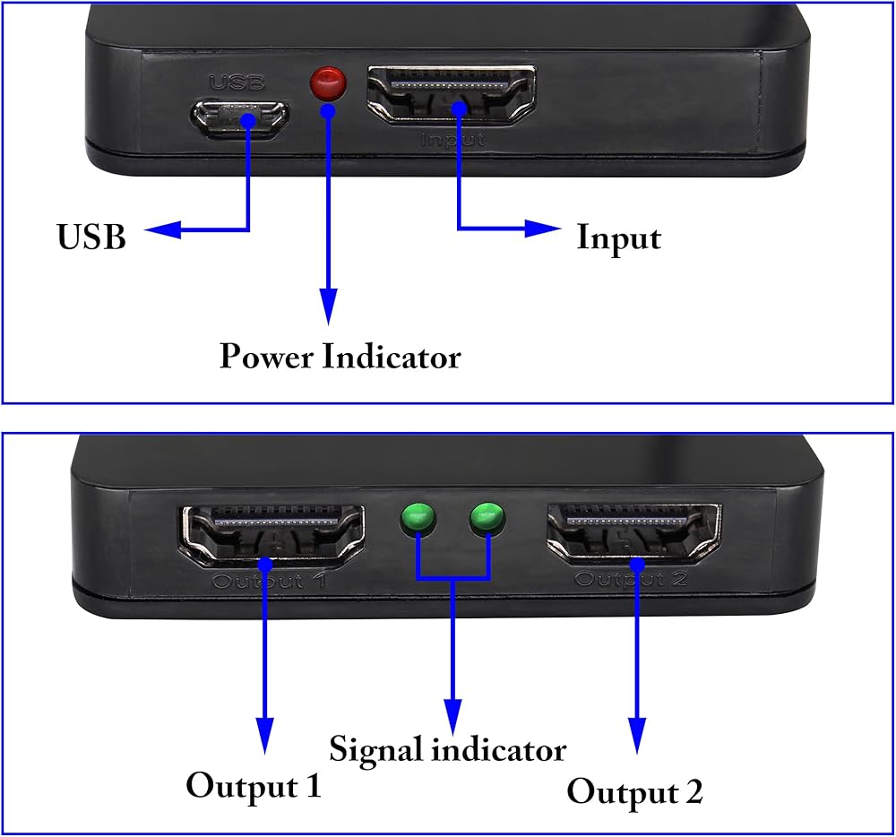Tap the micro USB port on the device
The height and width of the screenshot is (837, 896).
click(240, 118)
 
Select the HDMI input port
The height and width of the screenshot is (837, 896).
click(452, 95)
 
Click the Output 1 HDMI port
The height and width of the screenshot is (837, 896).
click(273, 536)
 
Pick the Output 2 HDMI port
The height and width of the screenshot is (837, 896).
click(634, 532)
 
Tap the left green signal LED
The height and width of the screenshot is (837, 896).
click(418, 519)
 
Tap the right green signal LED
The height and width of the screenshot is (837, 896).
click(487, 518)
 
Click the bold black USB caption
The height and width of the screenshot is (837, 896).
click(91, 237)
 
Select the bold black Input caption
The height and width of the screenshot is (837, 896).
click(619, 238)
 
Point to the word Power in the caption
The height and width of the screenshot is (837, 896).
click(267, 356)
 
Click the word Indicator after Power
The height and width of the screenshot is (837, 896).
click(392, 356)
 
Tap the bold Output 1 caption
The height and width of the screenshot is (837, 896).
click(254, 786)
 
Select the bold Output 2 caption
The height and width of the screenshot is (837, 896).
click(635, 792)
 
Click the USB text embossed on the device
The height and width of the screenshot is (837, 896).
click(237, 82)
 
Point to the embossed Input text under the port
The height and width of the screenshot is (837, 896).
click(452, 140)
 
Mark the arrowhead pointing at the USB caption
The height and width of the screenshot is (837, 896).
click(162, 229)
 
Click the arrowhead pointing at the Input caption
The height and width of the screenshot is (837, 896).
click(543, 229)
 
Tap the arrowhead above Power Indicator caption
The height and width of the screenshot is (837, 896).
click(328, 306)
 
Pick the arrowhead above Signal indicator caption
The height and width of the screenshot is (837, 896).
click(453, 716)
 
